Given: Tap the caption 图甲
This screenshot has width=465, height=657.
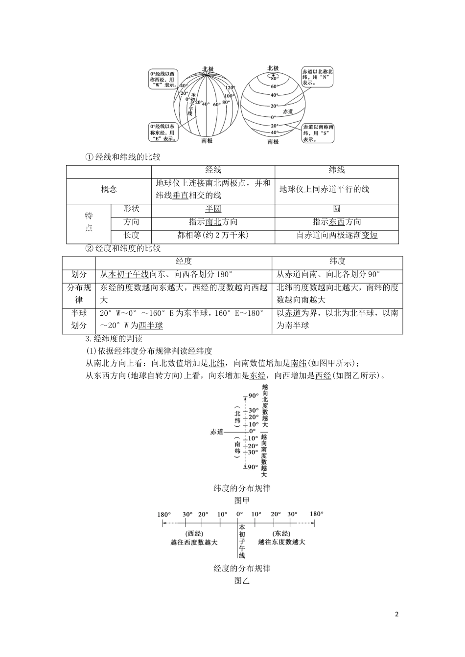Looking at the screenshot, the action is point(242,501).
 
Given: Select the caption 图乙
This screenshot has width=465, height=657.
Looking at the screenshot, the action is point(242,581).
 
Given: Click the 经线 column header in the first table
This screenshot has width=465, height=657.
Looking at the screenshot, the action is point(213,170).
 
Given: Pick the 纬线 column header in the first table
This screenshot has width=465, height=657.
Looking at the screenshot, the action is point(337,170).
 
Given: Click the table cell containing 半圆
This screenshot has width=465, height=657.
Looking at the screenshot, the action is point(213,209).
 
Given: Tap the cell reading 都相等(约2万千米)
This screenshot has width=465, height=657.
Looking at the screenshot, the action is point(213,235).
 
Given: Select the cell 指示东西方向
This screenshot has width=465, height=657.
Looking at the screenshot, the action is point(337,222).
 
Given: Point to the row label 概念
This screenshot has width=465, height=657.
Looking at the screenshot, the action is point(109,190).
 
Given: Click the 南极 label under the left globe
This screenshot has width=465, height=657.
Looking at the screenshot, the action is point(207,141).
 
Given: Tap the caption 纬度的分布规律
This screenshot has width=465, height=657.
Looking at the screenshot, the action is point(242,488).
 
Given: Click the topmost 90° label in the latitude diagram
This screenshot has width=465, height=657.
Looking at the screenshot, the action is point(253,396).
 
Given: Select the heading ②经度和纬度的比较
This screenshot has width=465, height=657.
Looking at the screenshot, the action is point(123,248).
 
